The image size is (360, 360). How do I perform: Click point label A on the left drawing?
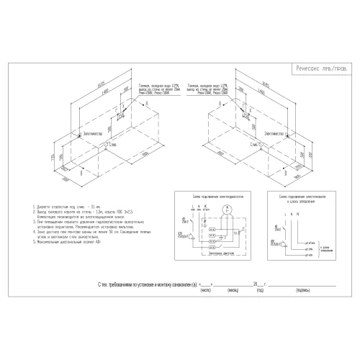(x=148, y=105)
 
